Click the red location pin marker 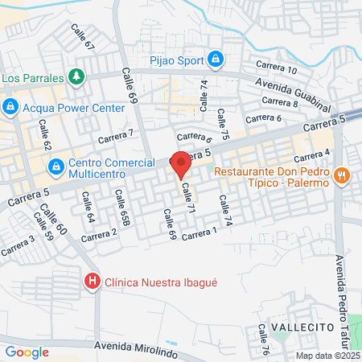tap(181, 163)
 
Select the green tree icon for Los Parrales tap(76, 76)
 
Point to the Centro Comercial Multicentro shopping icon tap(56, 167)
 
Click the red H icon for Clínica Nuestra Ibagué tap(93, 282)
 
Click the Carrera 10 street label tap(276, 68)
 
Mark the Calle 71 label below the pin tap(189, 197)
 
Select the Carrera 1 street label tap(200, 234)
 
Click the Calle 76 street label tap(263, 337)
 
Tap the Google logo tap(27, 352)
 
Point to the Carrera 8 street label tap(280, 102)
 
